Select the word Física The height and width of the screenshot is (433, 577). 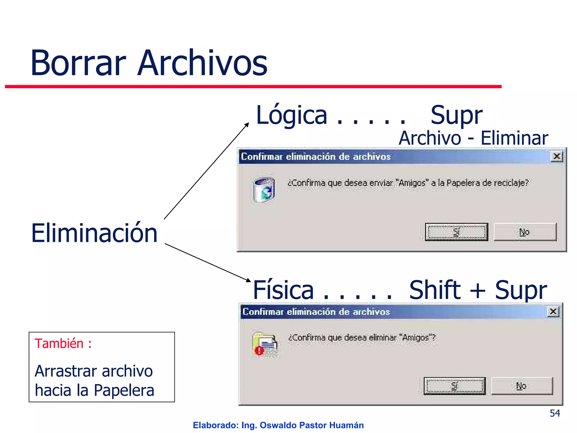pyautogui.click(x=283, y=290)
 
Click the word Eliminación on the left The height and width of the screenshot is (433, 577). pyautogui.click(x=94, y=233)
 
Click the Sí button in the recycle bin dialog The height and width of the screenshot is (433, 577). pyautogui.click(x=456, y=232)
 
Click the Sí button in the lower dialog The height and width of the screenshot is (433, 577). pyautogui.click(x=454, y=386)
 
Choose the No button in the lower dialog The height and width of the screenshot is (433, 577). pyautogui.click(x=522, y=386)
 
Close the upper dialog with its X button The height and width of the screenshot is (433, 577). pyautogui.click(x=557, y=156)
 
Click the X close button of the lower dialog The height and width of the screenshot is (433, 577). pyautogui.click(x=553, y=312)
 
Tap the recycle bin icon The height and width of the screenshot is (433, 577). pyautogui.click(x=264, y=189)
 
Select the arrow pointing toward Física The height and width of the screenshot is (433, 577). pyautogui.click(x=208, y=262)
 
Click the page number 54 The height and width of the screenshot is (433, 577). pyautogui.click(x=555, y=413)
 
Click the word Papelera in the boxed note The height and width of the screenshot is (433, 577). pyautogui.click(x=124, y=390)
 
